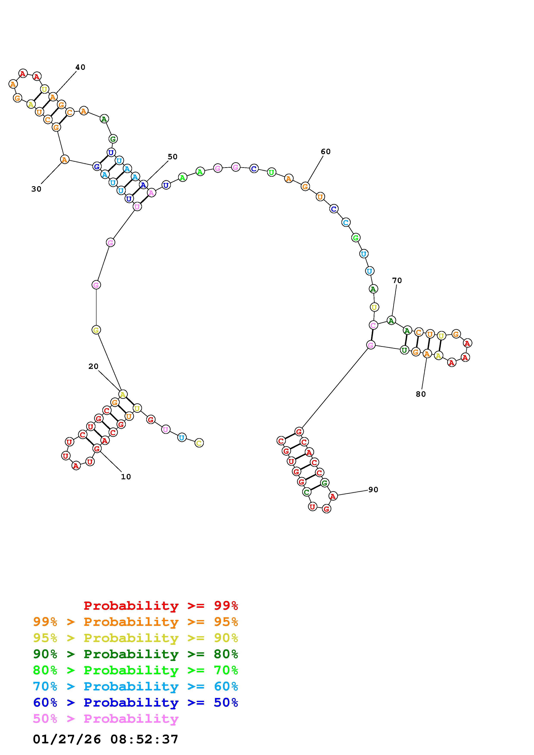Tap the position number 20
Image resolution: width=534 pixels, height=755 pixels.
pos(93,366)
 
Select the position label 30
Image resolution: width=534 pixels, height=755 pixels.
pos(36,189)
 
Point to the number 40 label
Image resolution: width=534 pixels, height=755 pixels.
pos(80,67)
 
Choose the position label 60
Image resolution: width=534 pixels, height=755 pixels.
pos(325,152)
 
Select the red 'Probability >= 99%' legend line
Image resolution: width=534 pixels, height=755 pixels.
pos(161,605)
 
